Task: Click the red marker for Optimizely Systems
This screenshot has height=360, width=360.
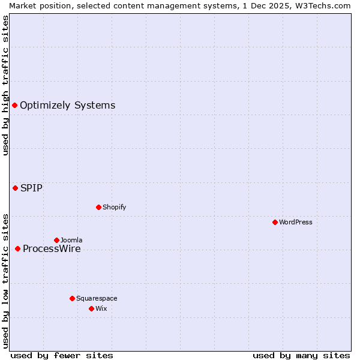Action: click(x=14, y=106)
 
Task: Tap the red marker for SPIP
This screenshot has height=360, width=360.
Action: click(x=15, y=188)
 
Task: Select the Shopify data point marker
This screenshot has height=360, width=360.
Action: click(x=98, y=207)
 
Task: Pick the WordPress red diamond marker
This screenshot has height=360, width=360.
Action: click(x=275, y=222)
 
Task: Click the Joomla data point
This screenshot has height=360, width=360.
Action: click(x=56, y=240)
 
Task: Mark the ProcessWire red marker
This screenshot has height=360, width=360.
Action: click(x=17, y=248)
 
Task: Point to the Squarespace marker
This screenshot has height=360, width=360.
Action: click(x=72, y=298)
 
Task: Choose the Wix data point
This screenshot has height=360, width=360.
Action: click(x=91, y=308)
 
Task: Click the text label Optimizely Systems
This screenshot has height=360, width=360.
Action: click(x=67, y=106)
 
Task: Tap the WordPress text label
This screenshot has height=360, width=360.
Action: click(x=295, y=222)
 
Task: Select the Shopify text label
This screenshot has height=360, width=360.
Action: click(x=114, y=207)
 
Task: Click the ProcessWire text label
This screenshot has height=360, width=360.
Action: click(x=52, y=249)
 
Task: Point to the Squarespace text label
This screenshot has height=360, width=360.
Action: click(x=97, y=298)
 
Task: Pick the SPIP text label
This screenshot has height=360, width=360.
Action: click(x=31, y=188)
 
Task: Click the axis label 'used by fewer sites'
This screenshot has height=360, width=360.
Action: click(x=62, y=355)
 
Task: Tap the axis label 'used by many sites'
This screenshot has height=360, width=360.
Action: click(x=301, y=355)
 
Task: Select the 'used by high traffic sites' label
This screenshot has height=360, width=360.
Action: click(x=5, y=85)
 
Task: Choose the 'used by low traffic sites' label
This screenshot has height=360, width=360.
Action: click(x=5, y=281)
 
